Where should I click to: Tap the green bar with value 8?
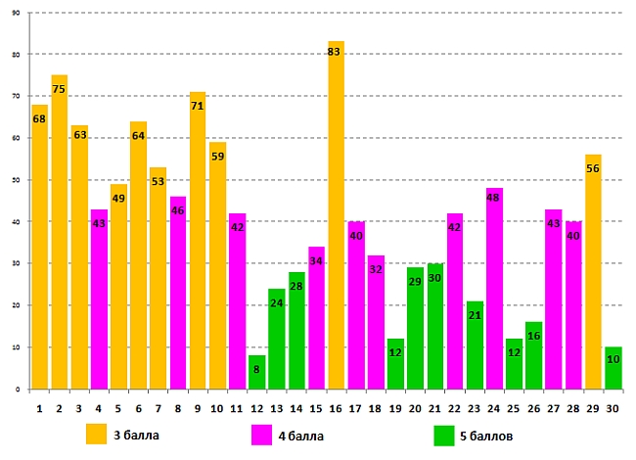(256, 373)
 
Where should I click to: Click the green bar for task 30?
(613, 369)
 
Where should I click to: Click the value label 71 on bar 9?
(198, 106)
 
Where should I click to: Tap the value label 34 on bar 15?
(316, 261)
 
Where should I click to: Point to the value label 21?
(475, 316)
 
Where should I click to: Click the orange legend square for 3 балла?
(96, 434)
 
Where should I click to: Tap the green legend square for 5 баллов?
(443, 434)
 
